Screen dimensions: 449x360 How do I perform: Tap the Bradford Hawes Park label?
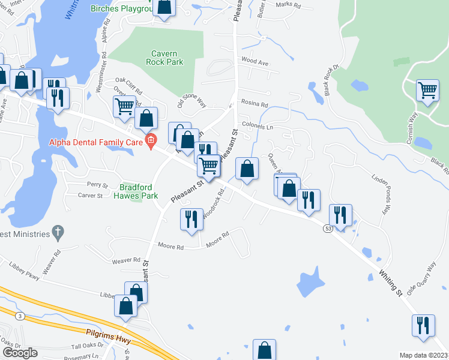pyautogui.click(x=138, y=191)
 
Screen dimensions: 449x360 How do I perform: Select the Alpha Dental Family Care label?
pyautogui.click(x=97, y=142)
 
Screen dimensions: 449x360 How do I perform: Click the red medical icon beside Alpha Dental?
pyautogui.click(x=151, y=142)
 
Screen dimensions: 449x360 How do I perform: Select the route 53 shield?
pyautogui.click(x=328, y=229)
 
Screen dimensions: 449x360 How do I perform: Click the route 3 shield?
pyautogui.click(x=20, y=316)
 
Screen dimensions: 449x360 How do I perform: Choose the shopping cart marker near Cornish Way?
pyautogui.click(x=427, y=91)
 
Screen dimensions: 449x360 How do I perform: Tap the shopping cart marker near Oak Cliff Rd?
pyautogui.click(x=124, y=106)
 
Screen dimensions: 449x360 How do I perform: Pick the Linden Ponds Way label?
pyautogui.click(x=382, y=196)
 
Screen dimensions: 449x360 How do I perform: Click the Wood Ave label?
pyautogui.click(x=255, y=61)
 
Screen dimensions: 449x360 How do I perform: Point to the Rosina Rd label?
pyautogui.click(x=255, y=104)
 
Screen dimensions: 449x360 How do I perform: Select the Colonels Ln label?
pyautogui.click(x=258, y=127)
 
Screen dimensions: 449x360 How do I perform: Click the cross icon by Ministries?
pyautogui.click(x=58, y=232)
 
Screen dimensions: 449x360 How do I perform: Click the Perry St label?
pyautogui.click(x=97, y=185)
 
